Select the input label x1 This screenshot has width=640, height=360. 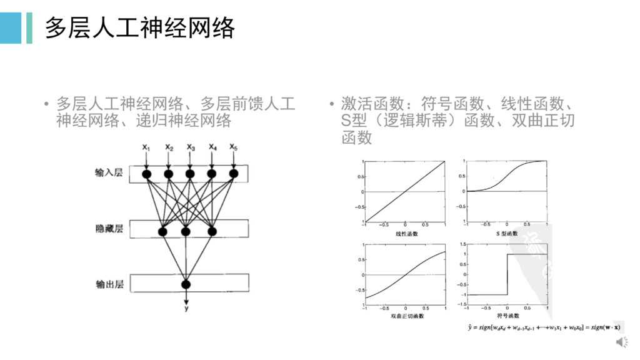[146, 147]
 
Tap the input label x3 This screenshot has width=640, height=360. [190, 147]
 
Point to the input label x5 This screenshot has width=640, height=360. [233, 147]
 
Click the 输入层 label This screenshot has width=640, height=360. [109, 172]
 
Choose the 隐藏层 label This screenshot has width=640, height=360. [109, 229]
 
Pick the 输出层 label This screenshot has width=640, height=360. [109, 284]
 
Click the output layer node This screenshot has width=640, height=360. [186, 285]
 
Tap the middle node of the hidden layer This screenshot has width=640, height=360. [186, 231]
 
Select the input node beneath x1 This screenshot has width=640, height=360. [147, 174]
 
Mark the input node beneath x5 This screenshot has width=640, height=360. [233, 174]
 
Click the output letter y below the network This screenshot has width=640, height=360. [186, 308]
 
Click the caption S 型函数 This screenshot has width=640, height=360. [506, 234]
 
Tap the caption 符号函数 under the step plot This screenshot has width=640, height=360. [506, 316]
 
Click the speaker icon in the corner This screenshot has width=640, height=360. [622, 342]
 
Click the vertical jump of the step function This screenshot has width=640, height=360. [507, 274]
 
